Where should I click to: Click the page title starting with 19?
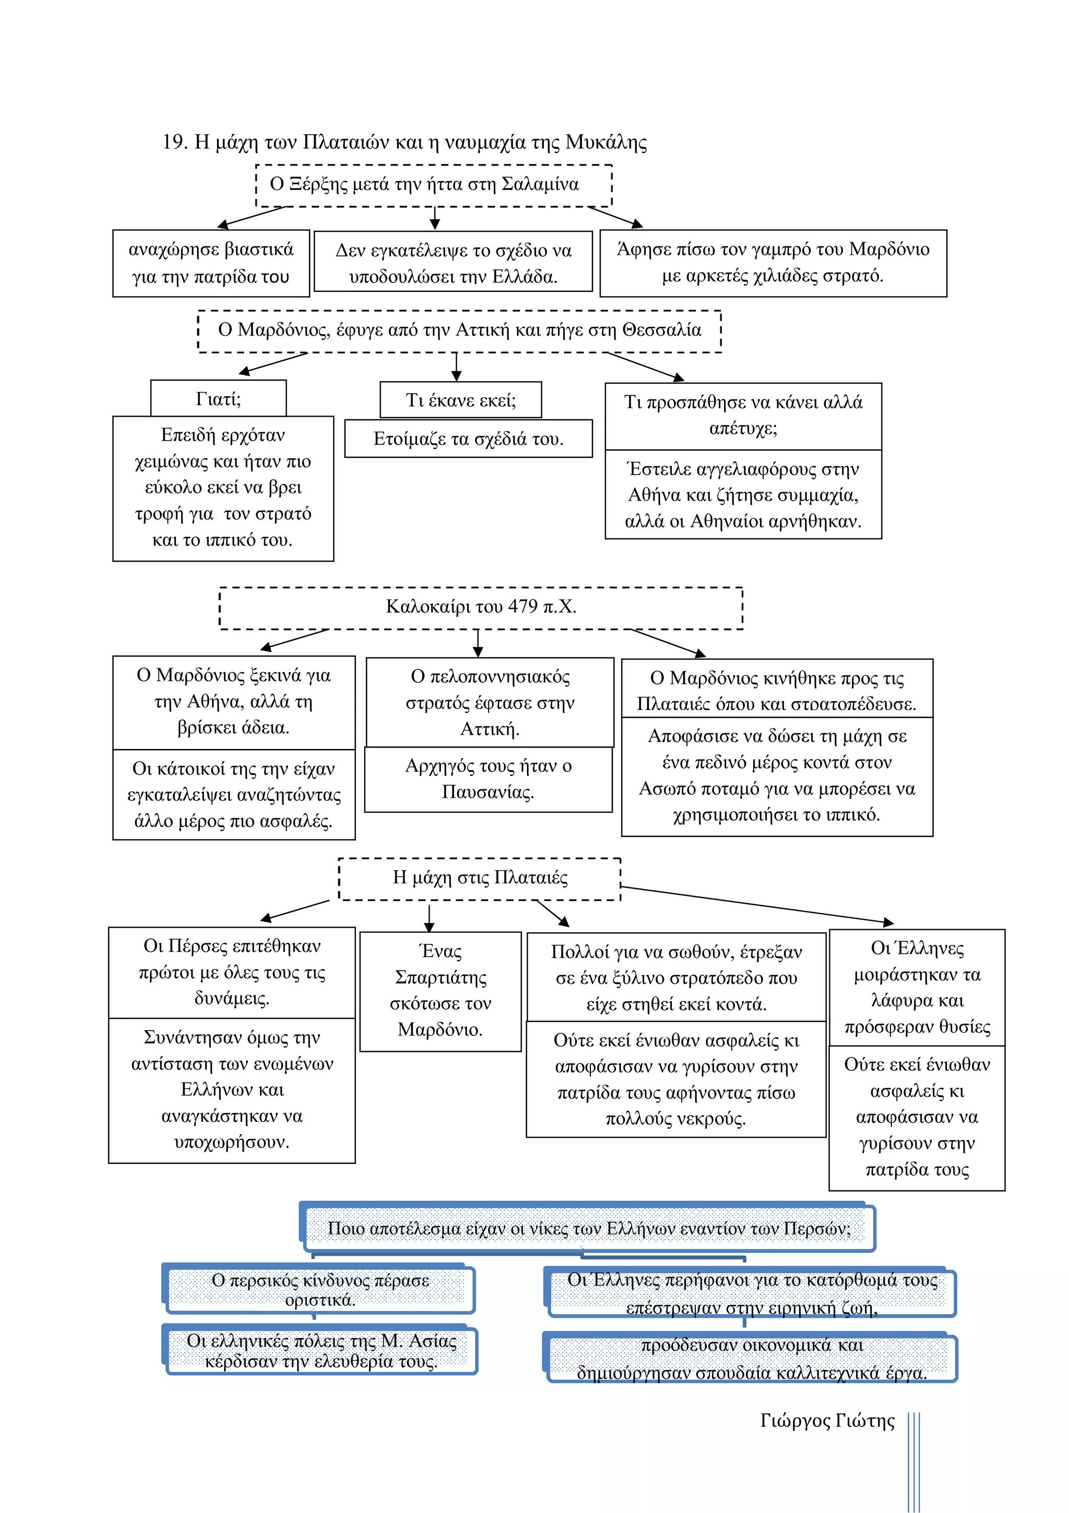point(405,141)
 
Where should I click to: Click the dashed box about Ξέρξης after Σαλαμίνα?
point(433,185)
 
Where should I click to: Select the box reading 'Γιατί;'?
point(218,398)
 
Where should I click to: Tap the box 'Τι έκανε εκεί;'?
point(460,399)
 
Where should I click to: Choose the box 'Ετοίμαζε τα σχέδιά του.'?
point(468,438)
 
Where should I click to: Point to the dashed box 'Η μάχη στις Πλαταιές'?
point(480,879)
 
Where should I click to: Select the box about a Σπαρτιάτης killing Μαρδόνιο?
point(440,991)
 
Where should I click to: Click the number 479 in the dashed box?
point(522,606)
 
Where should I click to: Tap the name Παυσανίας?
point(488,791)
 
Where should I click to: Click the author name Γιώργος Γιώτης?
point(827,1420)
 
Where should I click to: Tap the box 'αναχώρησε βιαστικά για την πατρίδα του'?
point(211,263)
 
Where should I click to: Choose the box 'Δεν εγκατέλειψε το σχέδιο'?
point(453,262)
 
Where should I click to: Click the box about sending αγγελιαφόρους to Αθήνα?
point(743,495)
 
